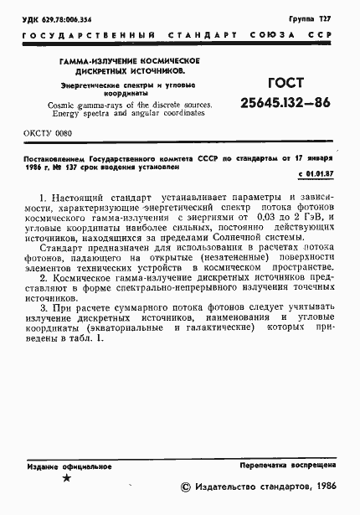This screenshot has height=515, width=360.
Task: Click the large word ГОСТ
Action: [285, 84]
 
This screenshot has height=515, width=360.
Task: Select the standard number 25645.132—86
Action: [285, 104]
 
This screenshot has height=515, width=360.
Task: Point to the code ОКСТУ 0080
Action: [46, 134]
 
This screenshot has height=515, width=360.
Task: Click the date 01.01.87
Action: [316, 174]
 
